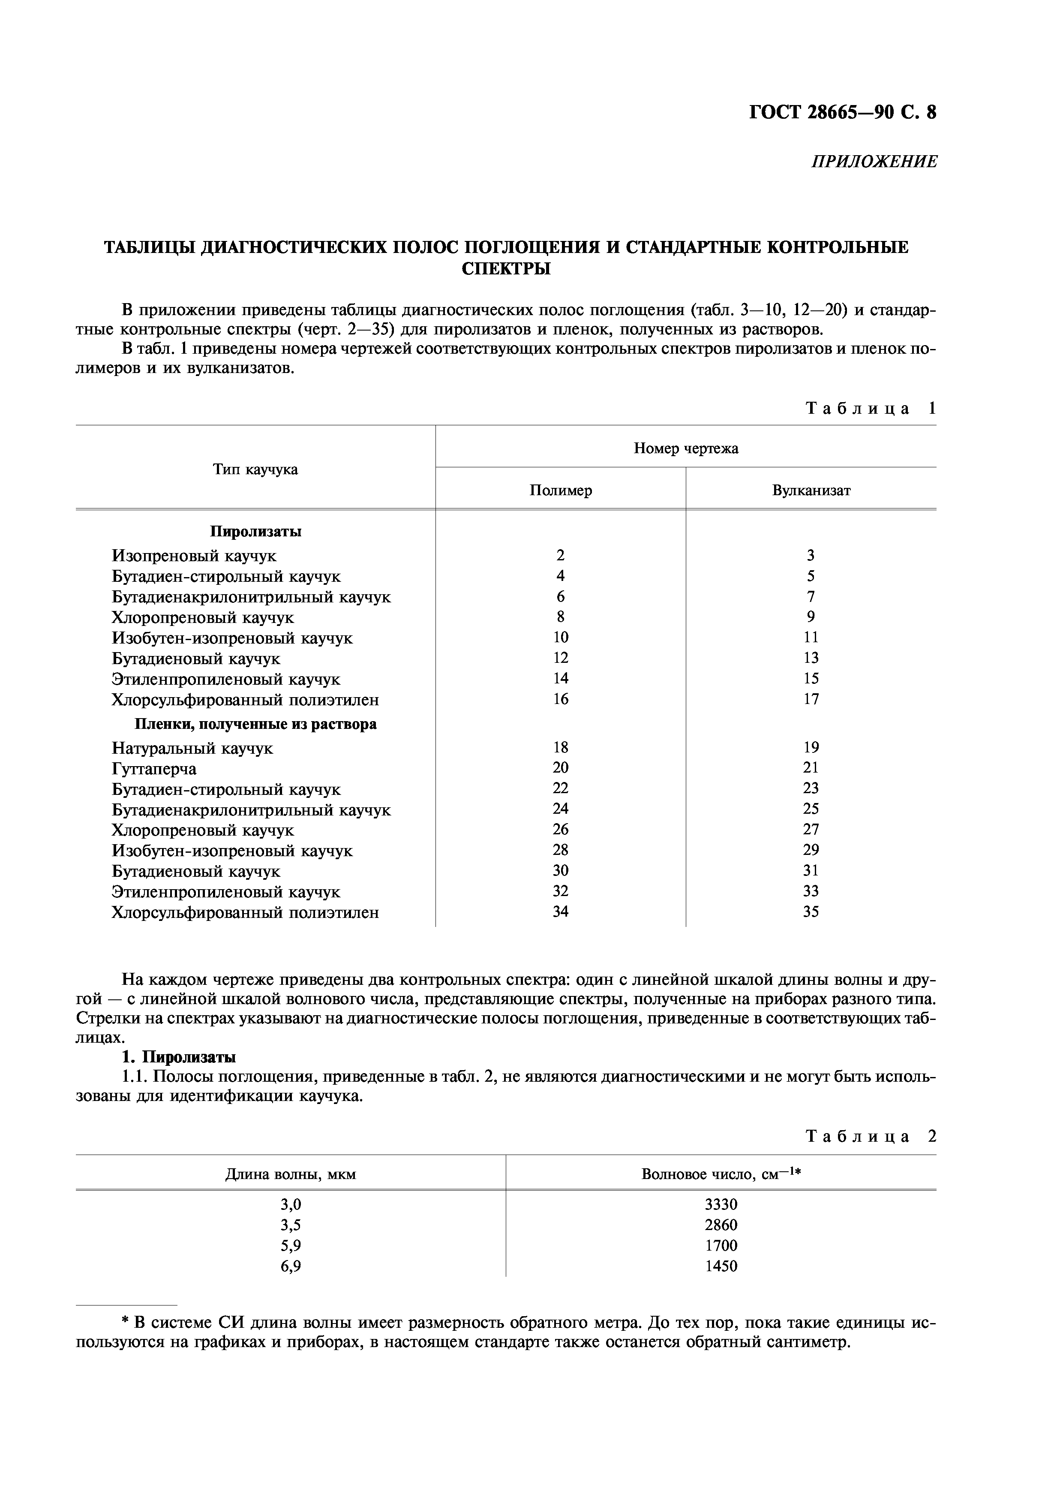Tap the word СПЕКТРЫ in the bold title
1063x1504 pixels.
(506, 268)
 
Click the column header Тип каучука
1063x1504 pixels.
(255, 469)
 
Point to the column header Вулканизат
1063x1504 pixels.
(811, 490)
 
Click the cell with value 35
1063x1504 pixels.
(811, 912)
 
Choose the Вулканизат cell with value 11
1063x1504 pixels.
(811, 638)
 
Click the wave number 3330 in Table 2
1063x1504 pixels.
(721, 1204)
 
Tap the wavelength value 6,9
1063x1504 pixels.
(290, 1266)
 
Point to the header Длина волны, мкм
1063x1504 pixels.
(290, 1174)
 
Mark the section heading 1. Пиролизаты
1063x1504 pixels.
(179, 1057)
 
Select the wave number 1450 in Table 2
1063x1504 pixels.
(721, 1266)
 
